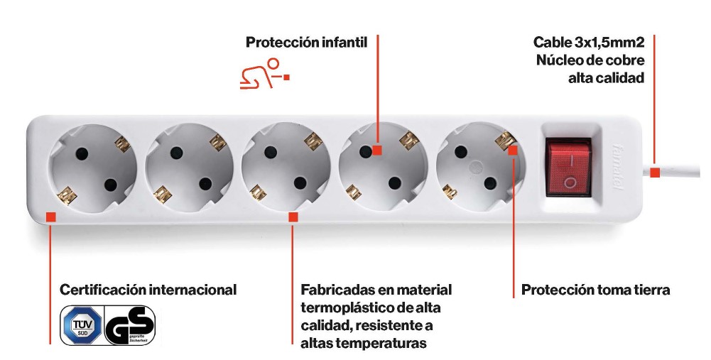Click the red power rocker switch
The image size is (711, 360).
point(569,168)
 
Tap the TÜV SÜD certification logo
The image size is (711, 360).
point(82,324)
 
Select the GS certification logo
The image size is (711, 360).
point(130,325)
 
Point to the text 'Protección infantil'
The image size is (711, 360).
point(307,42)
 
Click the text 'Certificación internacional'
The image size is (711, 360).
point(148,289)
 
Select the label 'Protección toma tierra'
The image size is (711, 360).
point(595,290)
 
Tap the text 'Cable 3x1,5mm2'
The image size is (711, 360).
point(589,42)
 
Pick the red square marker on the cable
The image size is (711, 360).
point(655,173)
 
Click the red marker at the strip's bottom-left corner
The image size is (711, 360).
point(51,217)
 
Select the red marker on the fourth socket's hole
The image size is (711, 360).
point(377,150)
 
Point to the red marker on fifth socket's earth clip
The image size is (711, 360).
point(512,150)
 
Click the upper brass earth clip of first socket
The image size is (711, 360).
point(122,144)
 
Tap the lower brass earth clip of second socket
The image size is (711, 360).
point(163,194)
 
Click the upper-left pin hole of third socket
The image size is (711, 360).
point(271,152)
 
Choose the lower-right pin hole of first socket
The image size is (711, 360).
point(110,185)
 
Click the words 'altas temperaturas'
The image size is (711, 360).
point(364,343)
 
